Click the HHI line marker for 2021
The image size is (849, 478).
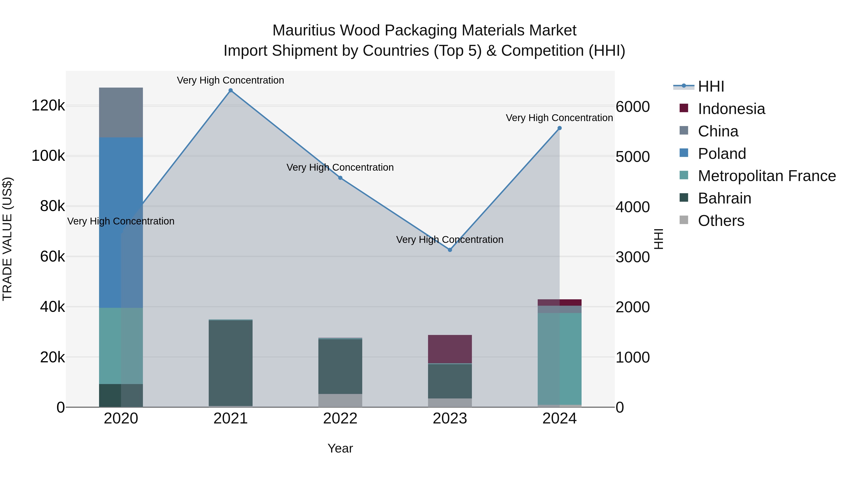(x=230, y=90)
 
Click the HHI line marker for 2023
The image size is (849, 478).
(x=450, y=250)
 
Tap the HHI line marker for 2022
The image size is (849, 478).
(x=340, y=178)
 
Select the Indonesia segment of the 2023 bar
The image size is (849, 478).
(x=450, y=349)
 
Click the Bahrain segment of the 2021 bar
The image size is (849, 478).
(x=230, y=363)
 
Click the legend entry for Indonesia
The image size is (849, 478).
(x=731, y=109)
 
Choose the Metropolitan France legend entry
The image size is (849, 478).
(x=767, y=176)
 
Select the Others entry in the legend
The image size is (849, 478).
(x=721, y=221)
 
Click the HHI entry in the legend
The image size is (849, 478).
(x=711, y=86)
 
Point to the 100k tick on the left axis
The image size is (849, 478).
(x=48, y=156)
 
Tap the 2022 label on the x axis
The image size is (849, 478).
(x=340, y=419)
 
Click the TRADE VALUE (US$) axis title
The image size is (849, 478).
(x=7, y=239)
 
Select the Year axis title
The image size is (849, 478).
(x=340, y=448)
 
